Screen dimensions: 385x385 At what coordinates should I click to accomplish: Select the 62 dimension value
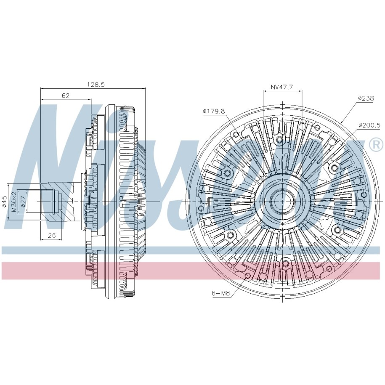66,96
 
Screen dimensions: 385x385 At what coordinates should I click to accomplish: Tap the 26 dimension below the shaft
52,235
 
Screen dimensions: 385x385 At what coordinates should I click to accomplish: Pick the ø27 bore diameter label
23,202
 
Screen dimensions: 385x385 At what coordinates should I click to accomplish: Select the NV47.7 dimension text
282,87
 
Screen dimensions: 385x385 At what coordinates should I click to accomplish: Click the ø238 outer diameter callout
366,98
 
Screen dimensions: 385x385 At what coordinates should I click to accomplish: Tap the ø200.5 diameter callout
369,125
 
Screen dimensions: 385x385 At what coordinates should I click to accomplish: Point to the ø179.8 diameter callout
214,111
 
